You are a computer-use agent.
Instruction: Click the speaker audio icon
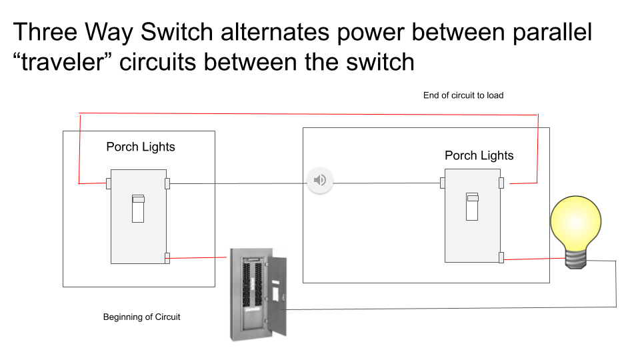320,180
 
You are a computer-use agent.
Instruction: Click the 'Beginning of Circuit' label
141,317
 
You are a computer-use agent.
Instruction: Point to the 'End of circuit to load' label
463,95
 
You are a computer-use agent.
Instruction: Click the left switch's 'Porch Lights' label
141,147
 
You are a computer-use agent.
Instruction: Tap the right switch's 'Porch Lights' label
479,155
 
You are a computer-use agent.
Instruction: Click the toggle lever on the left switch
138,209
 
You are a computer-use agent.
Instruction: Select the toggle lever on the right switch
473,207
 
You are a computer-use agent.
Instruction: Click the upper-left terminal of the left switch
108,183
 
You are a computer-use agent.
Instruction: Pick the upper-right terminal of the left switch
167,183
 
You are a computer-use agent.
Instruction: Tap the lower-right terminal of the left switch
167,257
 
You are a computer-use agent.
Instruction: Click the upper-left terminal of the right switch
443,183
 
